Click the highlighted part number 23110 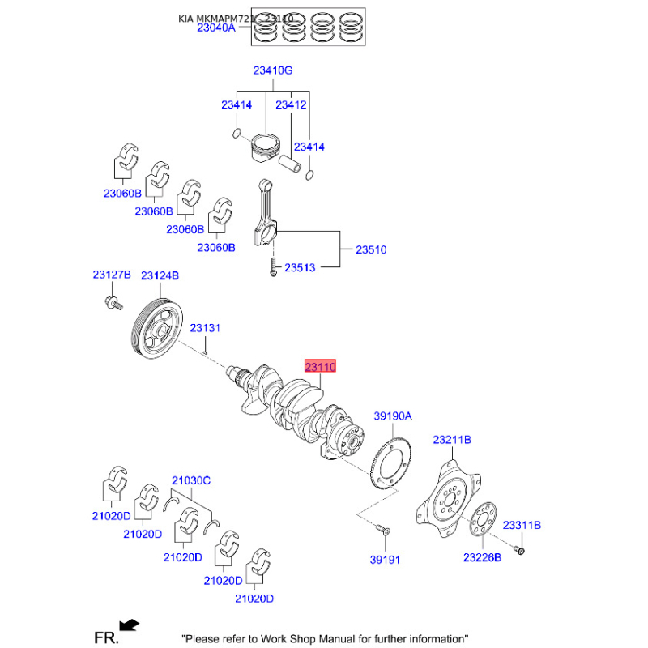tap(319, 367)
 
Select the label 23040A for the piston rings tap(213, 27)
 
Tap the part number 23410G tap(272, 70)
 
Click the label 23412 tap(291, 104)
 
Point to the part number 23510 tap(371, 249)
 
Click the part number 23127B tap(111, 276)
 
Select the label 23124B tap(160, 276)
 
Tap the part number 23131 tap(205, 328)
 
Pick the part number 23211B tap(451, 440)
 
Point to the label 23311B tap(522, 525)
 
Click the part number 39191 tap(386, 560)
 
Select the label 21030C tap(190, 480)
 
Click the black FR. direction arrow tap(129, 625)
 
